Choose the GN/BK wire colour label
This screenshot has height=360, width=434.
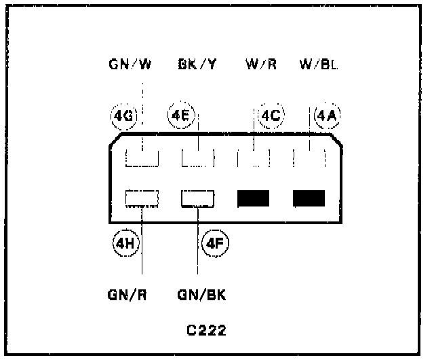click(201, 296)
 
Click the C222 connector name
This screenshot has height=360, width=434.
click(206, 331)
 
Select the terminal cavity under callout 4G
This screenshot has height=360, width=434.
click(142, 159)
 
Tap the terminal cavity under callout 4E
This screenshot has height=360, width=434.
click(197, 159)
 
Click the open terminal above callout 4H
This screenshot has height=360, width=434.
click(142, 198)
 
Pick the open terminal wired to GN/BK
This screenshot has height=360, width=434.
click(197, 198)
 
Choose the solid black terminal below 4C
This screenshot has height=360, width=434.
click(254, 198)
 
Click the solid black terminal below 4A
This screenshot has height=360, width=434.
click(309, 198)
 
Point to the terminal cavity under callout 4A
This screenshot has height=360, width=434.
click(309, 159)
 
